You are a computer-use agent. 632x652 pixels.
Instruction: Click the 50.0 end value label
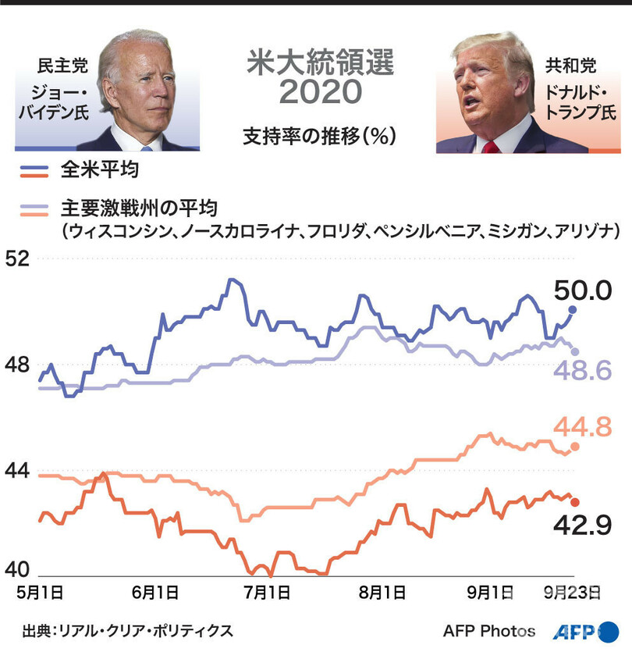pos(582,291)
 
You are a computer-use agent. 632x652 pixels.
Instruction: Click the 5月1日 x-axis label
pos(40,593)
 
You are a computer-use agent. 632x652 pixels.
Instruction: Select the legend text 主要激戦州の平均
pos(137,208)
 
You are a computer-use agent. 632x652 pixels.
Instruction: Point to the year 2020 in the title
pos(320,93)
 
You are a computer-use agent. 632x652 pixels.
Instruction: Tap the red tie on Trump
pos(490,146)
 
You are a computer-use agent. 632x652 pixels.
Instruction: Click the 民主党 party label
pos(62,65)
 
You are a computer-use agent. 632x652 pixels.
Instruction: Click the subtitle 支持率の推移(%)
pos(320,134)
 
